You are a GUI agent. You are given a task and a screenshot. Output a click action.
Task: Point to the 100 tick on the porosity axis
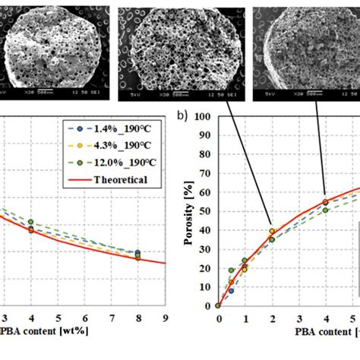pyautogui.click(x=203, y=117)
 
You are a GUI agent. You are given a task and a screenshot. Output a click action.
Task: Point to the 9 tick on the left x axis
pyautogui.click(x=165, y=318)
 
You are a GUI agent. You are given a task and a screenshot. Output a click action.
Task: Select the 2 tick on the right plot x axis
pyautogui.click(x=272, y=319)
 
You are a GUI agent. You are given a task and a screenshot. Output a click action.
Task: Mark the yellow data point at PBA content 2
pyautogui.click(x=272, y=231)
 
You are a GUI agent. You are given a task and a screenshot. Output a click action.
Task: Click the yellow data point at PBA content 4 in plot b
pyautogui.click(x=326, y=202)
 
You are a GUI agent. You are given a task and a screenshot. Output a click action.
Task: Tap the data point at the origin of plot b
pyautogui.click(x=218, y=305)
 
